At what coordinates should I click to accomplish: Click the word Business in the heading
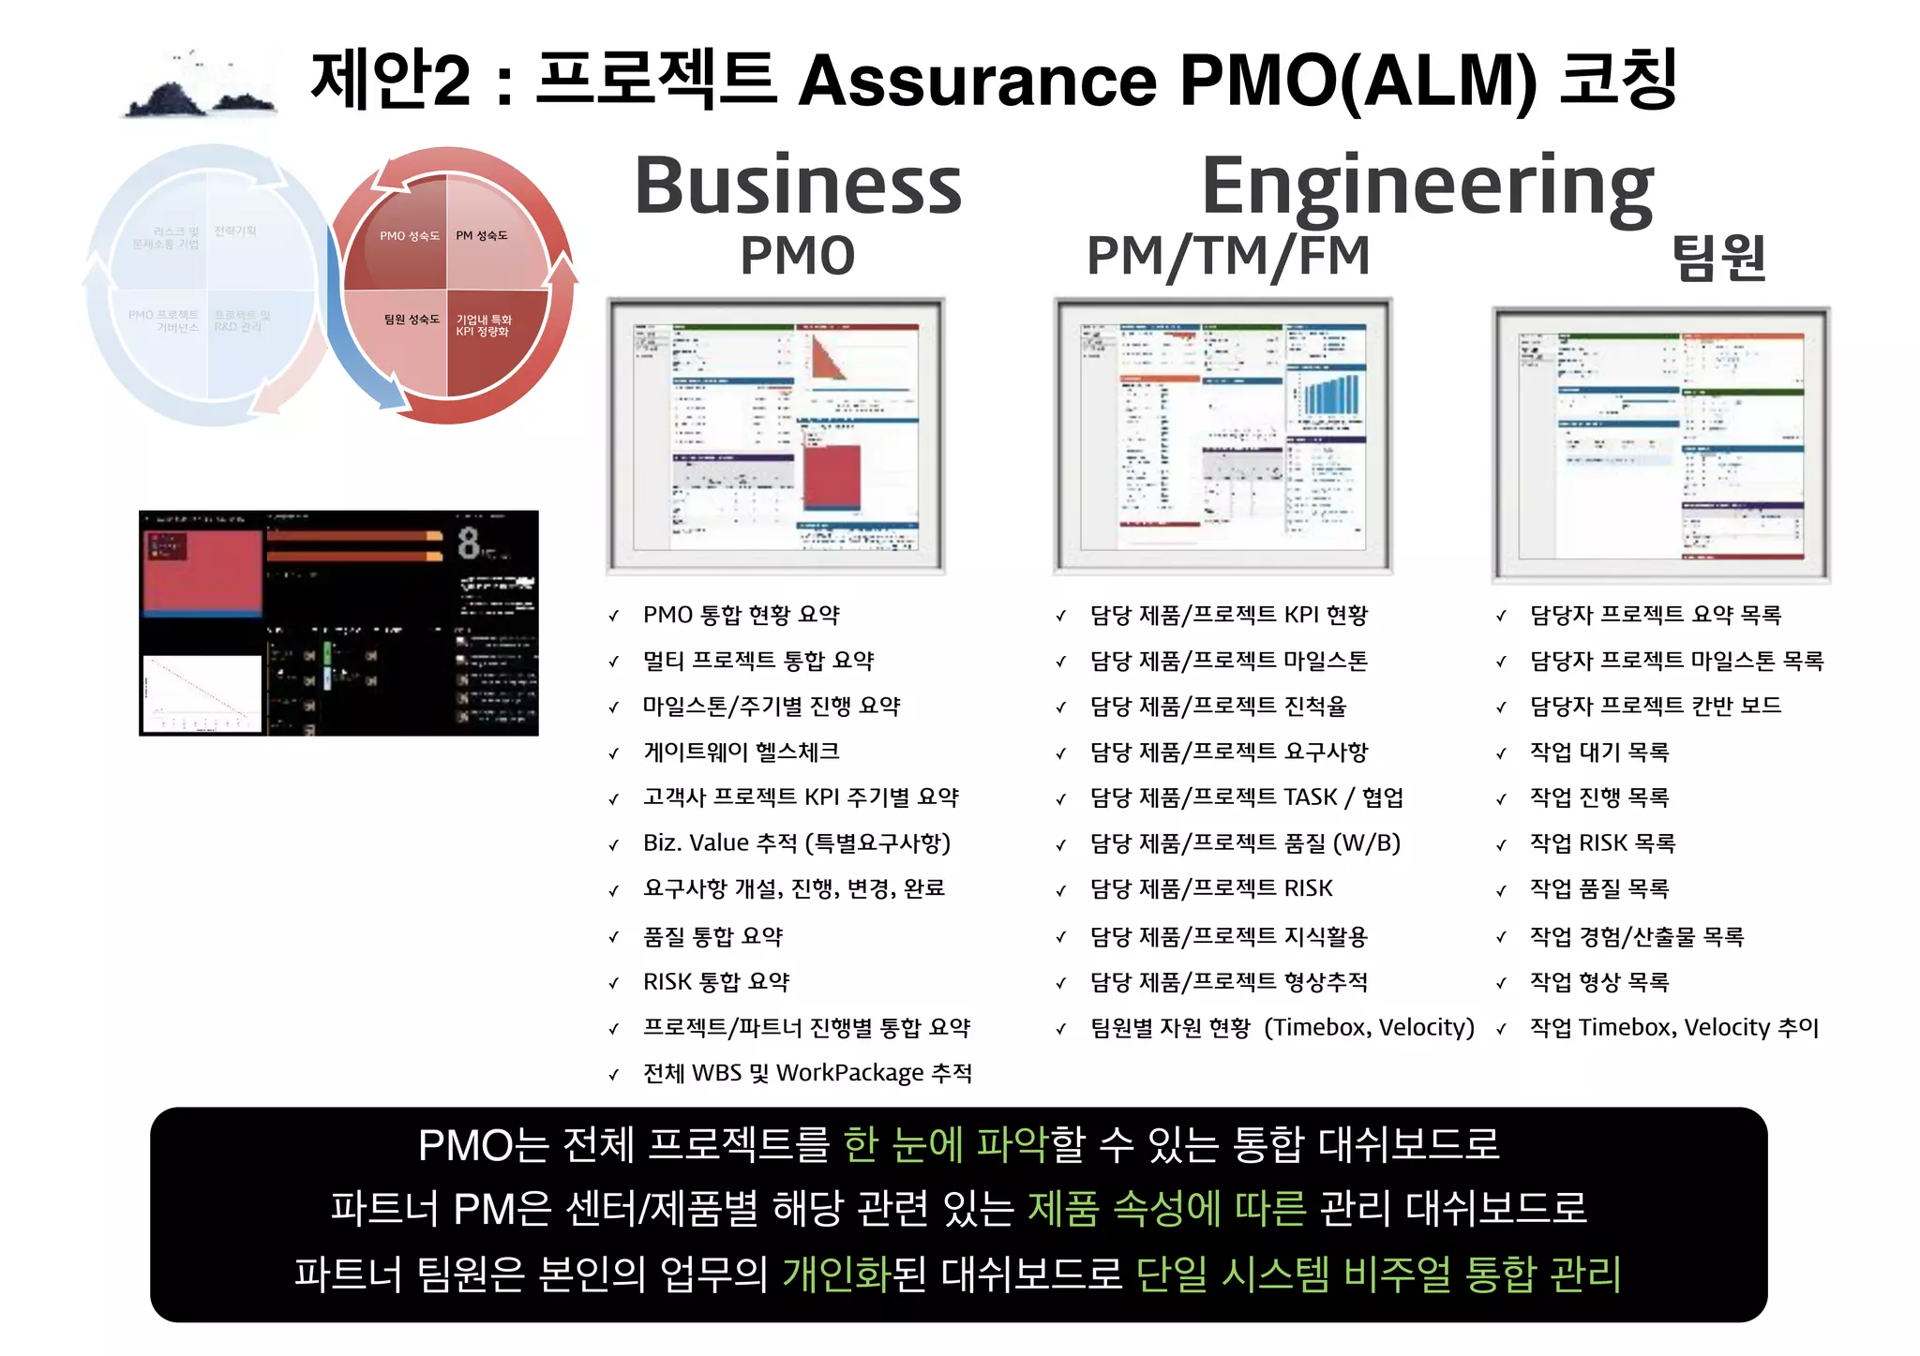(798, 186)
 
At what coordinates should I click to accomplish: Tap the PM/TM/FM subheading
(1228, 256)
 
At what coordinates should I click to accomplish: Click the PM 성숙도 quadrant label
(482, 236)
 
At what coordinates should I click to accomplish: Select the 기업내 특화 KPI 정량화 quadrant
(484, 325)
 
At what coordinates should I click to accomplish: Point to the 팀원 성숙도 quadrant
(411, 320)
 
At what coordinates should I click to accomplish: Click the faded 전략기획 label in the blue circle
(235, 231)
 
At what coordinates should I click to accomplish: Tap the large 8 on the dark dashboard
(469, 543)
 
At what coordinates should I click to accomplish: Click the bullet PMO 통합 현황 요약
(741, 615)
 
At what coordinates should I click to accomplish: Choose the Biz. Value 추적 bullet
(796, 842)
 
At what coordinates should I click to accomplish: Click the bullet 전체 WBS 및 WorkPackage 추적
(807, 1072)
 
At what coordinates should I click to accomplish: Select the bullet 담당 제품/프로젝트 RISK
(1210, 887)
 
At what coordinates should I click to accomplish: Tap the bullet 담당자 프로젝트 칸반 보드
(1655, 706)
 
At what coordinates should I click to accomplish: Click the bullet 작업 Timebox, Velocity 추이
(1673, 1027)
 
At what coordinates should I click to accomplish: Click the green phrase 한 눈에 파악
(945, 1144)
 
